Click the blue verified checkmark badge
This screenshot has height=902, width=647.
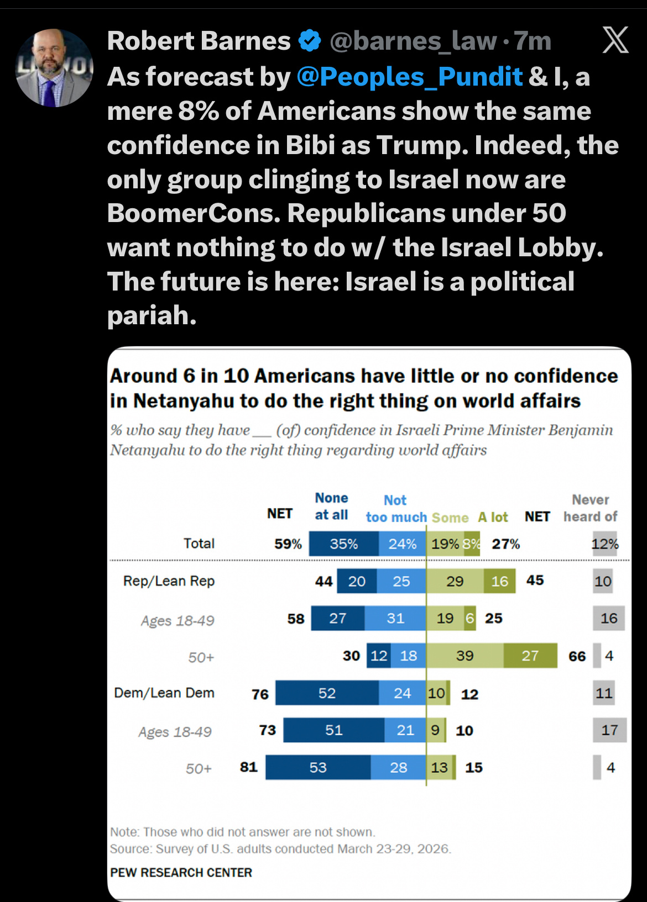[310, 41]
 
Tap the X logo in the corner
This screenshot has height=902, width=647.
[615, 40]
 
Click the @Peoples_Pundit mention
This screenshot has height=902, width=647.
[409, 77]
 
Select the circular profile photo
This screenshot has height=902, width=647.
[54, 68]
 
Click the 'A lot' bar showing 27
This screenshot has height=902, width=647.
[530, 656]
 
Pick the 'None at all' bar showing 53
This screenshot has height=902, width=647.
[318, 767]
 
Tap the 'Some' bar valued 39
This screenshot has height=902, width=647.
[465, 656]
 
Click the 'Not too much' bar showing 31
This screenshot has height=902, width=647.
[395, 618]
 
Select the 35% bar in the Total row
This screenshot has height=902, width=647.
[343, 544]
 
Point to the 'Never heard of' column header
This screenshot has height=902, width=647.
[590, 508]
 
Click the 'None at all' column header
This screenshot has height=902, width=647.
[331, 507]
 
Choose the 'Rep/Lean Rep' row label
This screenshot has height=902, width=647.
[169, 581]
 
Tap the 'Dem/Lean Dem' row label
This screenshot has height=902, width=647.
[164, 693]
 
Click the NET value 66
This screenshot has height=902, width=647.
[577, 656]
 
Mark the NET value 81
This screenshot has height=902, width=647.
[249, 767]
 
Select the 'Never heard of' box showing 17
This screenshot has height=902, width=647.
[609, 730]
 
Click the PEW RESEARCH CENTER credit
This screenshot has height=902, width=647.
[181, 873]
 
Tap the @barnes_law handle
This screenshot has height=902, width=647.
[413, 41]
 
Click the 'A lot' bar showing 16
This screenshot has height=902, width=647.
[499, 581]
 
